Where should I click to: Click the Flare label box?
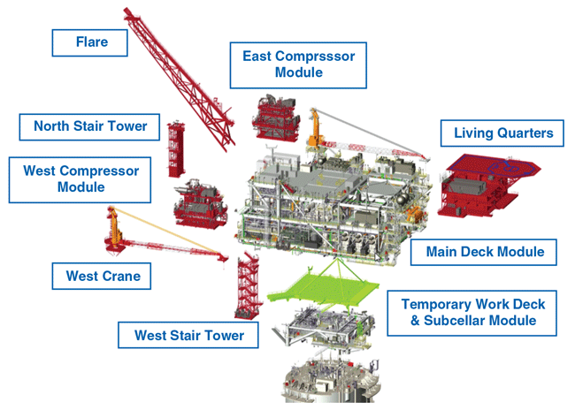[90, 42]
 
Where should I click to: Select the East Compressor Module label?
[298, 65]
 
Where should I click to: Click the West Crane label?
[103, 277]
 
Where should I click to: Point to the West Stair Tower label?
[188, 335]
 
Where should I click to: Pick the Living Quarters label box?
[502, 134]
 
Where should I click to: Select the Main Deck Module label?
[484, 252]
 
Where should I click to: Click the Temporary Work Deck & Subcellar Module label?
[473, 312]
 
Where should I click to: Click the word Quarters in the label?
[525, 134]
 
